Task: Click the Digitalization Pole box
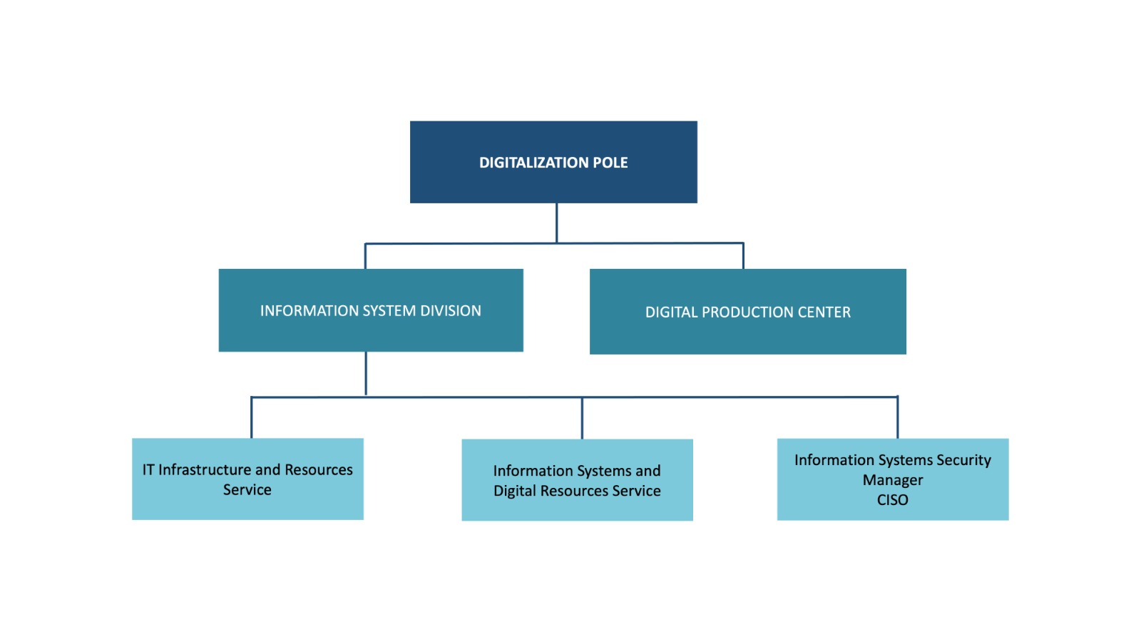click(x=553, y=162)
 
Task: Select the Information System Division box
click(x=371, y=310)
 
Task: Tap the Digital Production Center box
click(x=748, y=311)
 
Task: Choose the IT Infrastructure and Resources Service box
click(x=247, y=479)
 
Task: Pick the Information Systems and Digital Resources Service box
click(x=577, y=480)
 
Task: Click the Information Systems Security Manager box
click(x=893, y=479)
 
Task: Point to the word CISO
click(x=892, y=500)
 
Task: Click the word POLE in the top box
click(x=610, y=163)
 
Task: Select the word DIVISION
click(x=450, y=311)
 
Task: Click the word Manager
click(x=893, y=481)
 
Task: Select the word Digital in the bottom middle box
click(x=514, y=491)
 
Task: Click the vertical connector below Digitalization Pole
click(x=556, y=223)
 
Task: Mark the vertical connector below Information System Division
click(x=366, y=374)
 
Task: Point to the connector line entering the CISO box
click(x=898, y=417)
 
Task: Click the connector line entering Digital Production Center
click(x=743, y=256)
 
